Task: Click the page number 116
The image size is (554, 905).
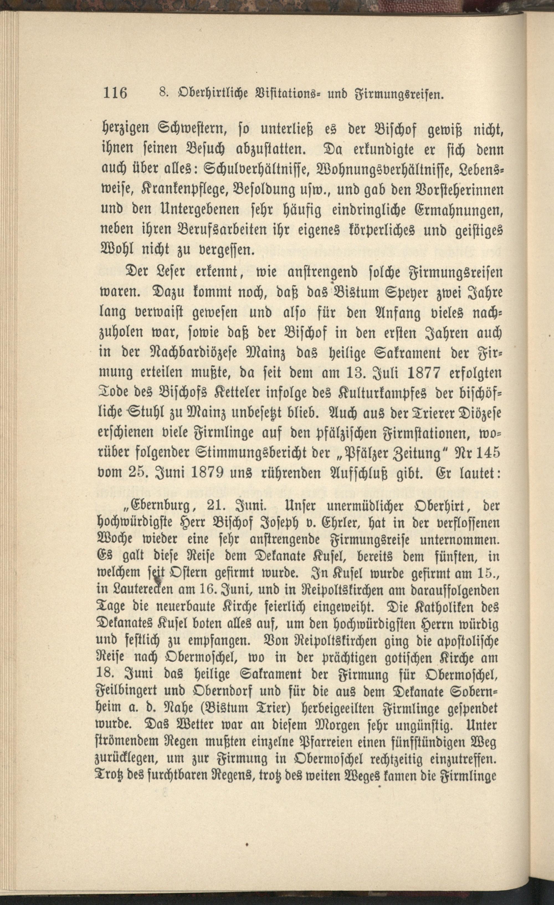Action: coord(115,93)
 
